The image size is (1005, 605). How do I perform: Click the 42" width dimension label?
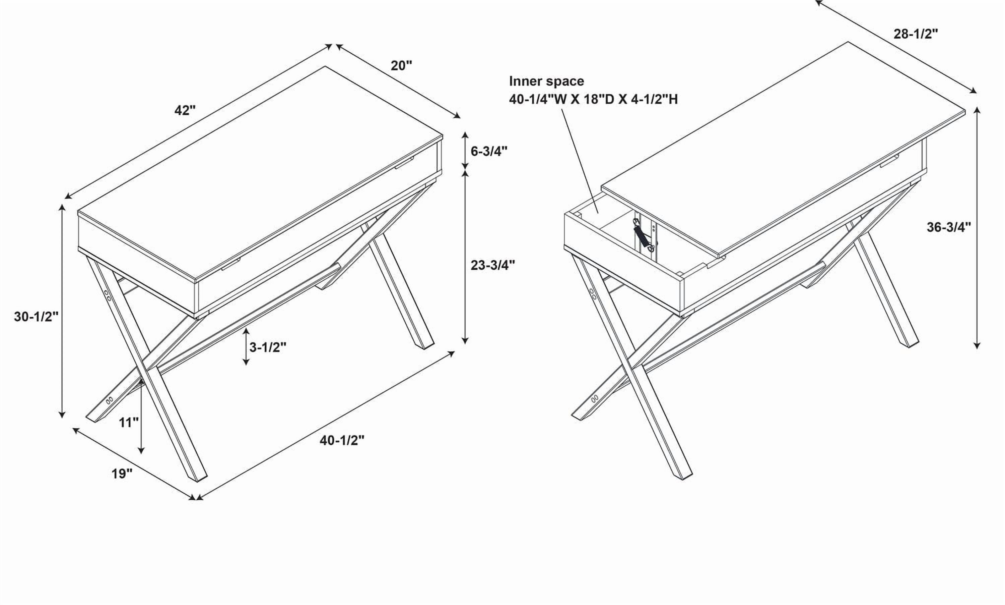[185, 110]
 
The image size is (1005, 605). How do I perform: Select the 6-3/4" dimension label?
[489, 151]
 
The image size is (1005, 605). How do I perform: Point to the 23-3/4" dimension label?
[493, 265]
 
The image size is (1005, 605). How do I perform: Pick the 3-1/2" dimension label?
[268, 347]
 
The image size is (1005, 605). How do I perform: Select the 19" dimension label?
[122, 474]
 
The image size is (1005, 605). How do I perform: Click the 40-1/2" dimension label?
[342, 440]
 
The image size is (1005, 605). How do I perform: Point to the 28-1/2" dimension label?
[916, 34]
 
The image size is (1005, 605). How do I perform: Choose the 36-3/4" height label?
[949, 227]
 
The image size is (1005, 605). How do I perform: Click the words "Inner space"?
[546, 81]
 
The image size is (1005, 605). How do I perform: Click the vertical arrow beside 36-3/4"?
[977, 228]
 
